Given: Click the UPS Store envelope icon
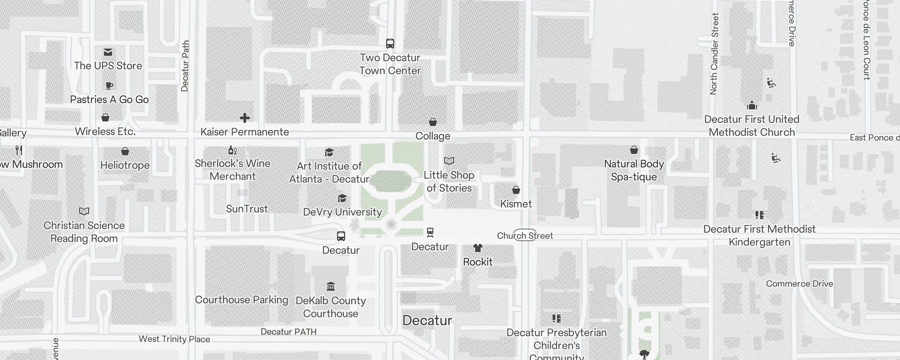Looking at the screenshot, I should click(x=108, y=52).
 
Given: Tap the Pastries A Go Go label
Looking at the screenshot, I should click(x=109, y=99).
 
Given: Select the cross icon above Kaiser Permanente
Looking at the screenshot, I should click(x=245, y=118).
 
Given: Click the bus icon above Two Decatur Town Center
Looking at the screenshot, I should click(x=390, y=44).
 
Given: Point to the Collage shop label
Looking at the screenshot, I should click(x=432, y=136).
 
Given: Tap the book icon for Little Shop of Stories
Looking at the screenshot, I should click(x=449, y=161).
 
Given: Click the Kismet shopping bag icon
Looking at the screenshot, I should click(x=516, y=190).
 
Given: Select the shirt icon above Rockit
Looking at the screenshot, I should click(x=478, y=248).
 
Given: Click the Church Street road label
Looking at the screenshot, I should click(x=525, y=235).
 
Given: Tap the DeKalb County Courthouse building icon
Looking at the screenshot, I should click(x=331, y=286).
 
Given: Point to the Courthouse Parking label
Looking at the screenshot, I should click(x=241, y=300).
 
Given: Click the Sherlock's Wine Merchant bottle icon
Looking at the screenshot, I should click(x=232, y=150).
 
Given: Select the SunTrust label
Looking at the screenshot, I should click(x=247, y=209).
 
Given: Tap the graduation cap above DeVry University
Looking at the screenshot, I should click(x=342, y=198).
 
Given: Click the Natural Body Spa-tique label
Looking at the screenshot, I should click(x=634, y=170).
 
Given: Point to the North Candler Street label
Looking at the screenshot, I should click(x=714, y=54).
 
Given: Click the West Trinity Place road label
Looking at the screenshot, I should click(x=174, y=339).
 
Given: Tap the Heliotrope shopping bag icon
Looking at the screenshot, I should click(x=125, y=151).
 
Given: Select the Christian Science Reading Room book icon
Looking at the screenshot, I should click(x=84, y=211).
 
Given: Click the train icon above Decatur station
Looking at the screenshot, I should click(x=430, y=232).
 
